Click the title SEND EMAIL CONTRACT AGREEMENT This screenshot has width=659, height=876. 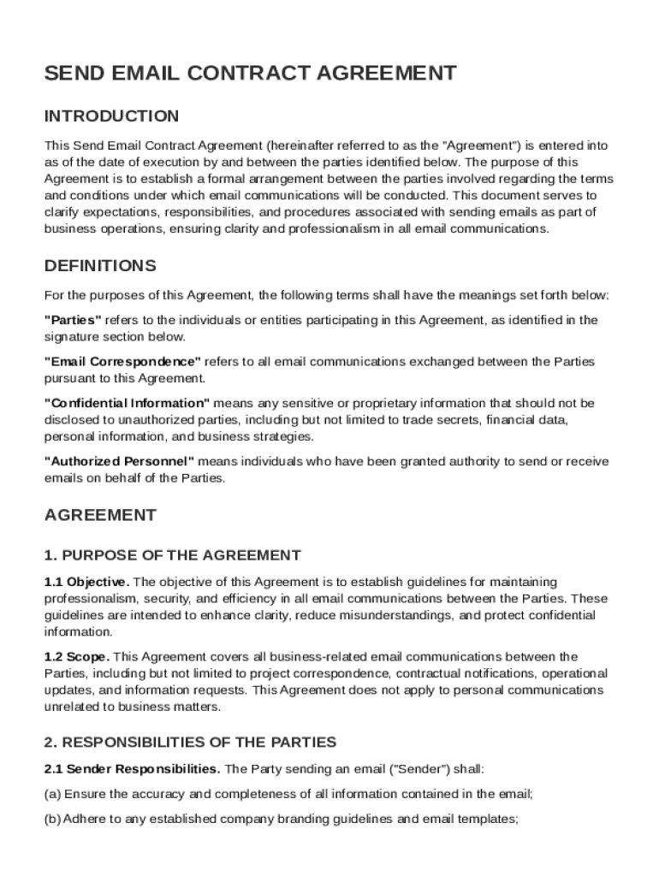250,74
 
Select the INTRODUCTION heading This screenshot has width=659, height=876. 111,115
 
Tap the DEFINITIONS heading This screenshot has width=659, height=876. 100,265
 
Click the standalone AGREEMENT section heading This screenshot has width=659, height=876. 100,515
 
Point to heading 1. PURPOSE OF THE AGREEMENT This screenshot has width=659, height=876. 172,555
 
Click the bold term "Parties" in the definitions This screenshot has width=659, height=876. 73,320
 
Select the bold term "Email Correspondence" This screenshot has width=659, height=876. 122,362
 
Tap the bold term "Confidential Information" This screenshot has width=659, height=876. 127,403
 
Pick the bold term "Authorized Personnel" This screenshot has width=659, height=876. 119,462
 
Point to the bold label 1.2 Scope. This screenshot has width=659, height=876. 76,657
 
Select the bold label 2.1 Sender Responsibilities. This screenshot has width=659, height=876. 132,768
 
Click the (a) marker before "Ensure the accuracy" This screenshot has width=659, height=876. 52,794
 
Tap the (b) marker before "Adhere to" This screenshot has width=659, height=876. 52,819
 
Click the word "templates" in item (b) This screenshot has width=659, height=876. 489,819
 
